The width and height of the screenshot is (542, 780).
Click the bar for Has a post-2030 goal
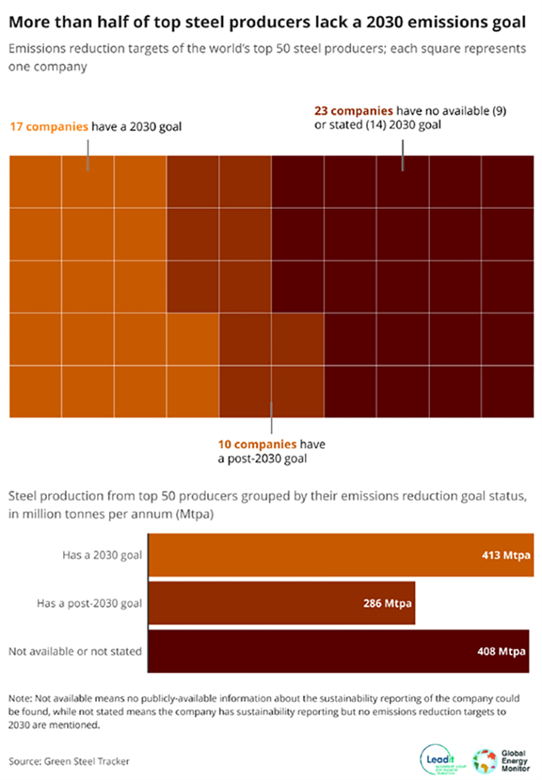coord(271,602)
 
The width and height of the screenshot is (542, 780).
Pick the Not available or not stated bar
coord(305,652)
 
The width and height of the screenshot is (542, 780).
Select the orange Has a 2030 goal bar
coord(305,554)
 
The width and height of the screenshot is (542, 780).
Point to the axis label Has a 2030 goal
coord(102,555)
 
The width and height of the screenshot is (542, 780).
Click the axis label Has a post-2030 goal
coord(90,603)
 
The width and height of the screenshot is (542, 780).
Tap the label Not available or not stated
coord(75,651)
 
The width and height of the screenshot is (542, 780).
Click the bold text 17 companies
coord(48,127)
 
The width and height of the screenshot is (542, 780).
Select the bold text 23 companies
coord(353,110)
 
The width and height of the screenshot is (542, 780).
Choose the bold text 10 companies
coord(257,445)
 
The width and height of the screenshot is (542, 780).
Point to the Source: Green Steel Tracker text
coord(68,761)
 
